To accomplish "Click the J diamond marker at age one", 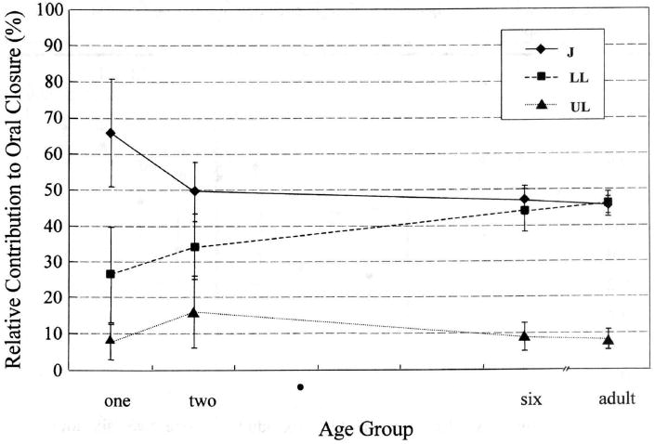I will [111, 133].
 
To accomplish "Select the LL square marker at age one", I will [111, 274].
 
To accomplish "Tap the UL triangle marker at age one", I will [111, 341].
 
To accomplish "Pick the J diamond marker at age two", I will [193, 190].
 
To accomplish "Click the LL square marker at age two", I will [193, 247].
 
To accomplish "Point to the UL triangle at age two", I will [193, 312].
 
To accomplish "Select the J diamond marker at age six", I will [525, 200].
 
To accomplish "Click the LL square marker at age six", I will [525, 210].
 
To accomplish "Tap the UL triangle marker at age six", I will [525, 336].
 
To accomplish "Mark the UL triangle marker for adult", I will [609, 340].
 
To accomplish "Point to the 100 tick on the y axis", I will [53, 10].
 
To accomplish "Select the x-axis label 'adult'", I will [616, 399].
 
